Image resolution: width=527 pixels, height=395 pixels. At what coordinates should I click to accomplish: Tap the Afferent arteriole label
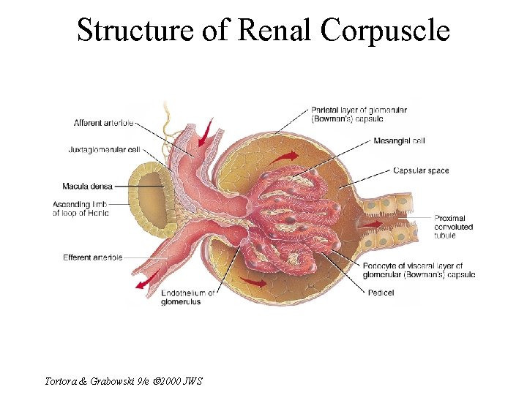(x=103, y=123)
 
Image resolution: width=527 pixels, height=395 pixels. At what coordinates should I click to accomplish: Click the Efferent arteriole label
(x=92, y=257)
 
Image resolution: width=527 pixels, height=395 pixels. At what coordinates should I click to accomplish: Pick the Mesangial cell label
(x=399, y=140)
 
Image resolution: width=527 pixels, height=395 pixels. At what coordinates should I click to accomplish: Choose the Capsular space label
(x=421, y=171)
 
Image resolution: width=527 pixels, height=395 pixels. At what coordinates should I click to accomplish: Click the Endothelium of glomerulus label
(x=188, y=297)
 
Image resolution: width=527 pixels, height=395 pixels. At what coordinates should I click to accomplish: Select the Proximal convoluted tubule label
(x=454, y=227)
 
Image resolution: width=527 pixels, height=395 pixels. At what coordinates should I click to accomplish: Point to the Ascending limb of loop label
(x=81, y=208)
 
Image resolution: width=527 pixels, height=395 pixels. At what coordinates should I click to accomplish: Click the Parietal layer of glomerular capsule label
(x=359, y=114)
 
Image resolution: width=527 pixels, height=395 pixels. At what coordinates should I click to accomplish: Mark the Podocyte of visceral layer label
(x=419, y=270)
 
